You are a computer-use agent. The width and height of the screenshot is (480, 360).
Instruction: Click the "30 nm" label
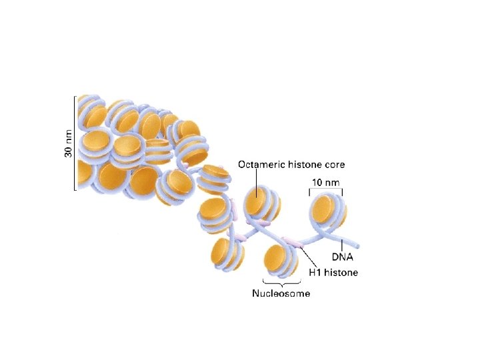click(68, 143)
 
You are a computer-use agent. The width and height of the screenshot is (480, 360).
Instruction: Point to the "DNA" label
click(343, 256)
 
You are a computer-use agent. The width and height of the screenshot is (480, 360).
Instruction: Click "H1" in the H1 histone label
click(319, 272)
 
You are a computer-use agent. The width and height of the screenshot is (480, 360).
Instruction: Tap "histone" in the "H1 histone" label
click(343, 272)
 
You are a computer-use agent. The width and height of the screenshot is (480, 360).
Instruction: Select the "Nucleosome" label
click(281, 293)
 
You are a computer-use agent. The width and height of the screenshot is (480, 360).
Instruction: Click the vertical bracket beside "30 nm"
click(75, 143)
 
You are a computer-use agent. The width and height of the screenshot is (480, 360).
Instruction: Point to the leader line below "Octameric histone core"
click(256, 182)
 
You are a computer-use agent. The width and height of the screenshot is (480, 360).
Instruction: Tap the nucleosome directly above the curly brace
click(280, 261)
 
